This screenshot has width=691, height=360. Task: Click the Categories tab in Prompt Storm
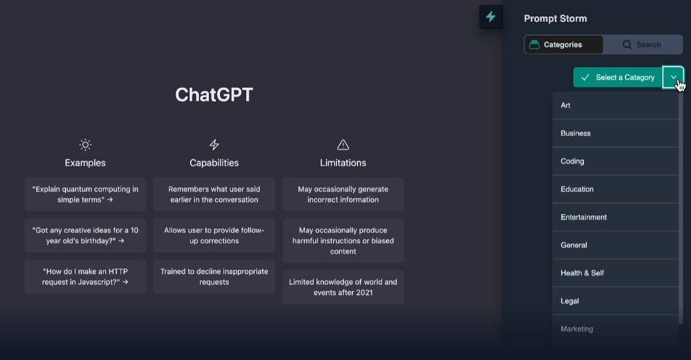pos(563,44)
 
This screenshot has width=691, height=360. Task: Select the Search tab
pos(642,44)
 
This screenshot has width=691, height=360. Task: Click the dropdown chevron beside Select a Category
pos(673,77)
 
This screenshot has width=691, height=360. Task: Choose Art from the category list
pos(615,105)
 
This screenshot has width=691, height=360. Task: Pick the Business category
pos(615,133)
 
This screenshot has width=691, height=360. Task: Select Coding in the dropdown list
pos(615,162)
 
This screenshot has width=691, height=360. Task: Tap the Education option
pos(615,189)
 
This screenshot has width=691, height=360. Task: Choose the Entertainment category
pos(615,217)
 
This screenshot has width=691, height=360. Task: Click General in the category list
pos(615,245)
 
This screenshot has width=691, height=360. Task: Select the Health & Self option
pos(615,273)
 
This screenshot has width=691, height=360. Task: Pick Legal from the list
pos(615,301)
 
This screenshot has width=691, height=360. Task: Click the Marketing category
pos(615,329)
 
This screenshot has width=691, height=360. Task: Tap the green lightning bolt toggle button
pos(491,17)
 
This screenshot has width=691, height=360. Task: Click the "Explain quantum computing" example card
pos(85,194)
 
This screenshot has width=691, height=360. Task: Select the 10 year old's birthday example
pos(85,235)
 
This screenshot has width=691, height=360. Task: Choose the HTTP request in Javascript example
pos(85,277)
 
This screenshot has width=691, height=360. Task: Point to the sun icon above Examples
pos(85,145)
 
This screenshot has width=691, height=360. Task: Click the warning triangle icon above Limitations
pos(343,145)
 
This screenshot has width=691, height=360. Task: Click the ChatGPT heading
pos(214,95)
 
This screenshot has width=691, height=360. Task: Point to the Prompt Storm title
pos(555,19)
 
